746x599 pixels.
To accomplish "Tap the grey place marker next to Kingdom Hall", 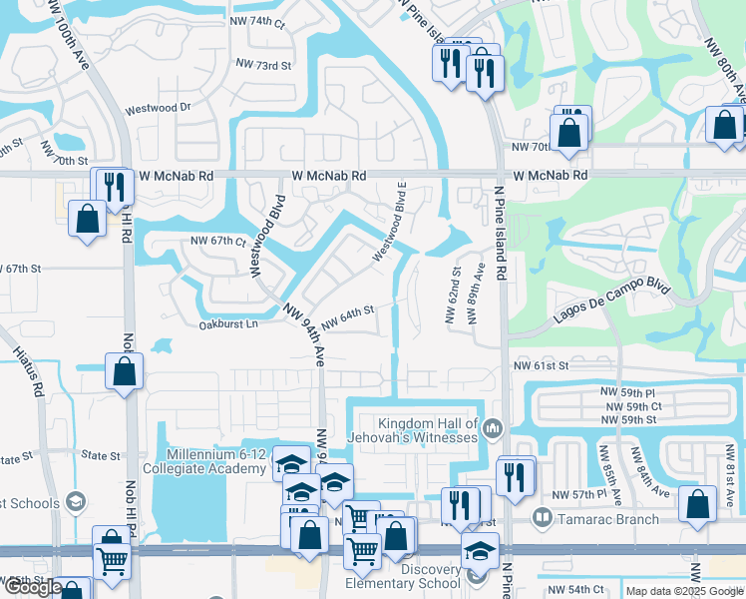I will tap(492, 429).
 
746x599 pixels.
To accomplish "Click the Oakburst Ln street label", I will tap(228, 324).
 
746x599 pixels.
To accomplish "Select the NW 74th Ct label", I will tap(260, 21).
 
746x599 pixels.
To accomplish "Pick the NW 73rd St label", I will tap(263, 65).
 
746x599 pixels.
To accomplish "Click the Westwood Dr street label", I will tap(158, 108).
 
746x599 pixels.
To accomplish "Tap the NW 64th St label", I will tap(347, 313).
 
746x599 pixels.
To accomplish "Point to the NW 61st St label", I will tap(541, 366).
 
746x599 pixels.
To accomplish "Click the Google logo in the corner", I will tap(33, 587).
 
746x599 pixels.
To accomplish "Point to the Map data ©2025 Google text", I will tap(684, 592).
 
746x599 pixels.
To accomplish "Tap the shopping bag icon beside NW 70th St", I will tap(568, 131).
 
